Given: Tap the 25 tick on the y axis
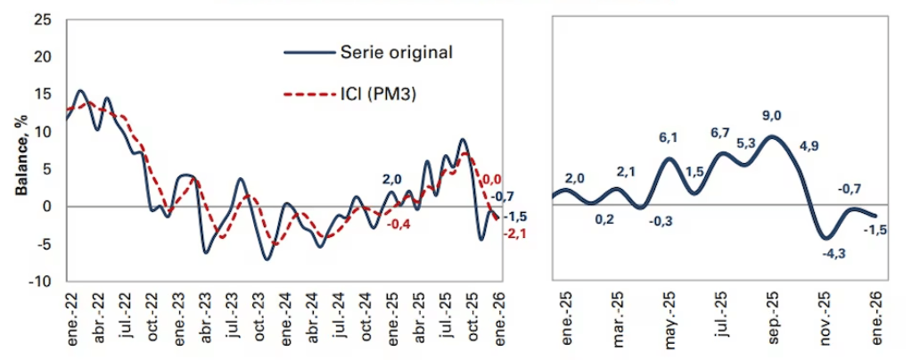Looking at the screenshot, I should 42,20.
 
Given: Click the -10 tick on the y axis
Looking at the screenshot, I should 39,282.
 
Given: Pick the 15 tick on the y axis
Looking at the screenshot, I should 42,94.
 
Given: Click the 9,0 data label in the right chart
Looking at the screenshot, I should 771,115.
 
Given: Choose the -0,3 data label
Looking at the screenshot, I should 657,220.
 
